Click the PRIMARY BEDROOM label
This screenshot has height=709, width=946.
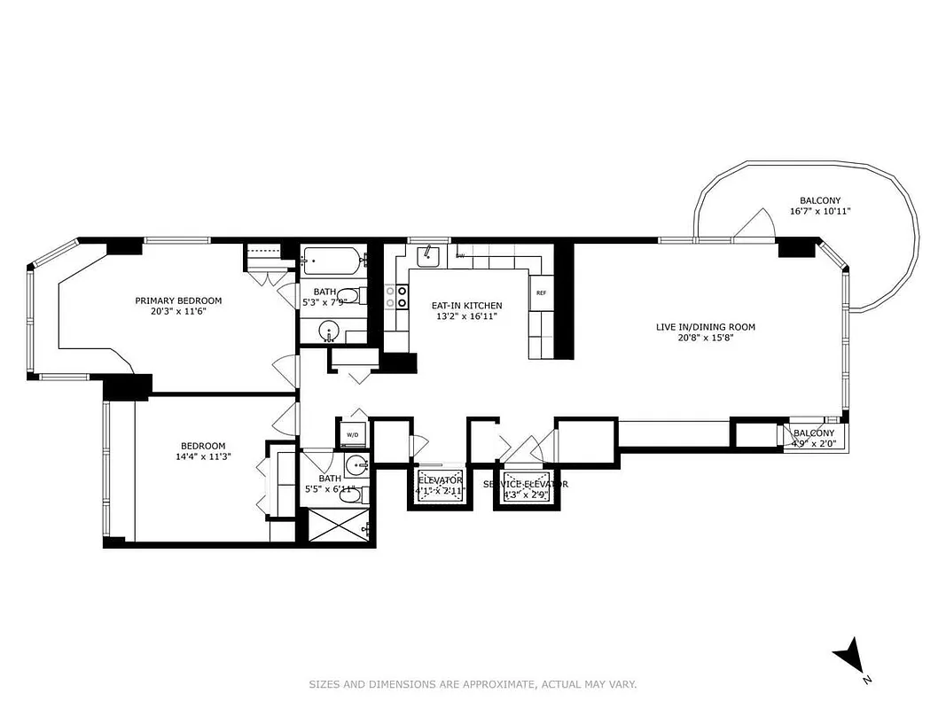178,300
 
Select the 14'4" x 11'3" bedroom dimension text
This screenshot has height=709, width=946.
203,458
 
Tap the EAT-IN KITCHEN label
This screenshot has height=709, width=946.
455,306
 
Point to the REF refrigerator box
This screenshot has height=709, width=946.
541,293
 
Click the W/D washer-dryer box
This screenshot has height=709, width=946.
352,434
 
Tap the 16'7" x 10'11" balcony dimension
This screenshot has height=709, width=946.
820,212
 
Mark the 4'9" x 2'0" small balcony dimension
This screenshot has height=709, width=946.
812,444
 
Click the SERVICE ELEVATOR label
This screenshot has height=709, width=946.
526,484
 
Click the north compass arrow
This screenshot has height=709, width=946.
848,657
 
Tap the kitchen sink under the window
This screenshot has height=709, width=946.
429,256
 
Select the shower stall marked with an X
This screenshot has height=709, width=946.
336,526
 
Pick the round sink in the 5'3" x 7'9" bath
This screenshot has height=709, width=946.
330,332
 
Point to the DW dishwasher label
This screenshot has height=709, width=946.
460,256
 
